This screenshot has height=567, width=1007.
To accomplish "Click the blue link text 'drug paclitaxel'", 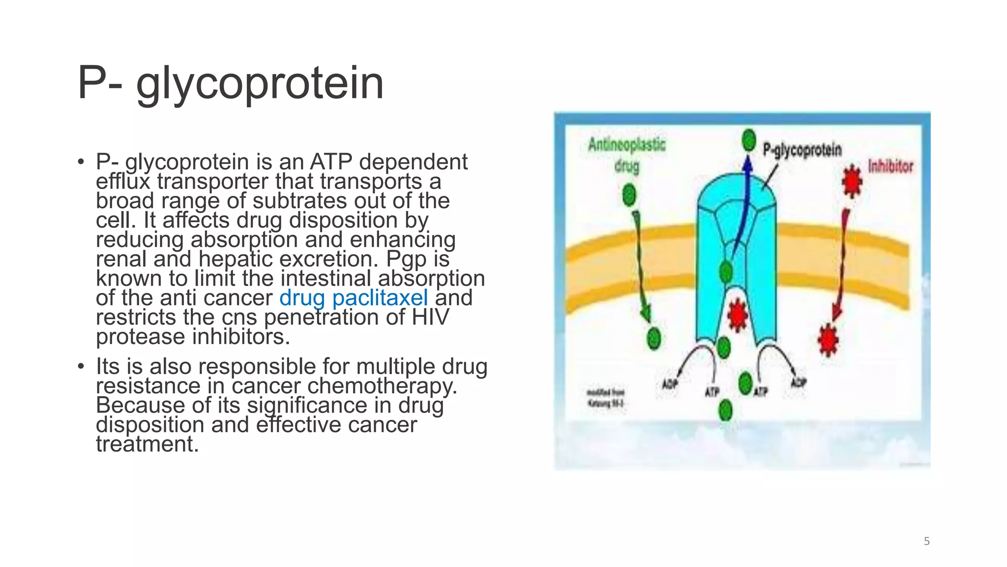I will coord(353,298).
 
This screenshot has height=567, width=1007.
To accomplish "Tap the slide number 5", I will coord(926,541).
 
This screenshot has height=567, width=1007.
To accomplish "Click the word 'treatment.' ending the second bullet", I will coord(147,444).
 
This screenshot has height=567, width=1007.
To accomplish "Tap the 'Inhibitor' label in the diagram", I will coord(890,166).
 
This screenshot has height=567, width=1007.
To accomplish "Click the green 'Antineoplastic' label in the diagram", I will coord(626,145).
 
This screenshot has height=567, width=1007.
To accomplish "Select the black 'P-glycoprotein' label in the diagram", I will coord(802,150).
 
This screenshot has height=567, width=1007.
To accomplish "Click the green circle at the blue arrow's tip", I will coord(748,140).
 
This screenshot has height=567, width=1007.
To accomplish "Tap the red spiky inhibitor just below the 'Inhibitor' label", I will coord(852,181).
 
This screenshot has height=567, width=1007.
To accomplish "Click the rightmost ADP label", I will coord(798,382).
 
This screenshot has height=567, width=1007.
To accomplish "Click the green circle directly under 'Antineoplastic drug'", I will coord(629,195).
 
